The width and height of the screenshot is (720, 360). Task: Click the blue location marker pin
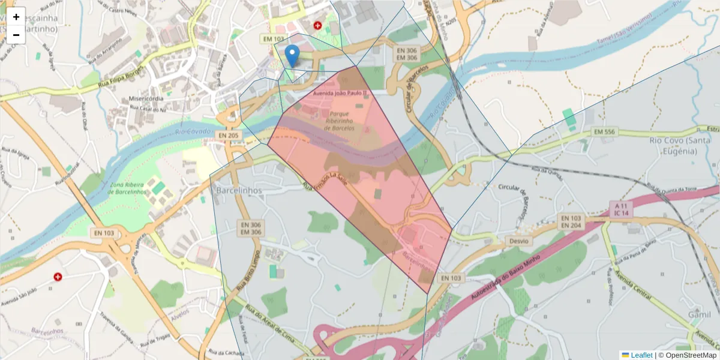click(292, 56)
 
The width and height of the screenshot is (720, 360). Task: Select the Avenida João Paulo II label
click(340, 93)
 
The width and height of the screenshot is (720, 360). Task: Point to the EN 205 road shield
click(229, 136)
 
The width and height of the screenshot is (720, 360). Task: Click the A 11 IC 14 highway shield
click(622, 209)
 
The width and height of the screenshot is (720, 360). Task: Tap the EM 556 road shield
click(604, 131)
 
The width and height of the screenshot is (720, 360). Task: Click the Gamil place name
click(700, 314)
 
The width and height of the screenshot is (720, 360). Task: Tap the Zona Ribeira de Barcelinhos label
click(127, 188)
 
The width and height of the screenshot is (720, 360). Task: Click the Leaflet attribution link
click(641, 355)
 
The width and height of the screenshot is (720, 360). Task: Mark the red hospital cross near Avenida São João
click(58, 277)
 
